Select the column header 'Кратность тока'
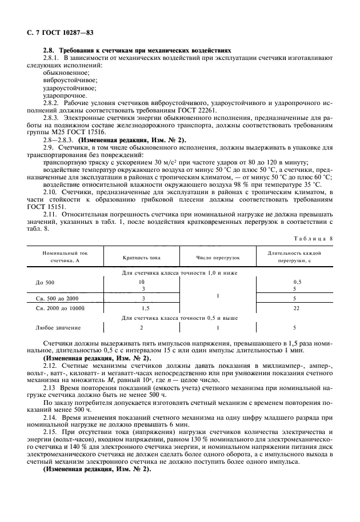click(142, 258)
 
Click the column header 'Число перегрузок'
click(218, 258)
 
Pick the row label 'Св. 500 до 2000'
click(57, 298)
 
